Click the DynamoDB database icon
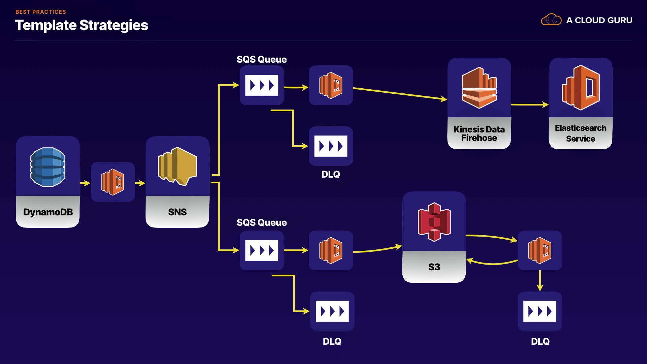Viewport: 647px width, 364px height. pos(48,167)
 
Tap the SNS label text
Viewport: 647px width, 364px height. pos(177,212)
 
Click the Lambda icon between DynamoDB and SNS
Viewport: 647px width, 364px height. pos(113,182)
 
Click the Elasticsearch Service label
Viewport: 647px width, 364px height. pos(580,133)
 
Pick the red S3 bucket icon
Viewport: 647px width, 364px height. pos(434,222)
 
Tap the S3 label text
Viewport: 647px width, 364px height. pos(434,267)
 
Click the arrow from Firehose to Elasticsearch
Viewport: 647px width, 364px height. pos(530,105)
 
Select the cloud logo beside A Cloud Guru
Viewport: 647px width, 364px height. pos(551,20)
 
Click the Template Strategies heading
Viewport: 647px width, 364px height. pos(82,25)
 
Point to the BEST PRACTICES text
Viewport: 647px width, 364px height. pos(41,12)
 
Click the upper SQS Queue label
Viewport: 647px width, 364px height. pos(261,60)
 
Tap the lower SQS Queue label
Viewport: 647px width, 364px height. pos(261,222)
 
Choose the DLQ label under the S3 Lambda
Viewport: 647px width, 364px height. pos(540,341)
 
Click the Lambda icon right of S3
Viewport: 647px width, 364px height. pos(540,250)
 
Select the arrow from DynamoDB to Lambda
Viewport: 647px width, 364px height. pos(85,183)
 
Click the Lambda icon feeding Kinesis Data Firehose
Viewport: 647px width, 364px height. pos(331,85)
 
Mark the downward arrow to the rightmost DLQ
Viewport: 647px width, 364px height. pos(540,280)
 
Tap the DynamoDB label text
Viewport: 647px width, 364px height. pos(48,212)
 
